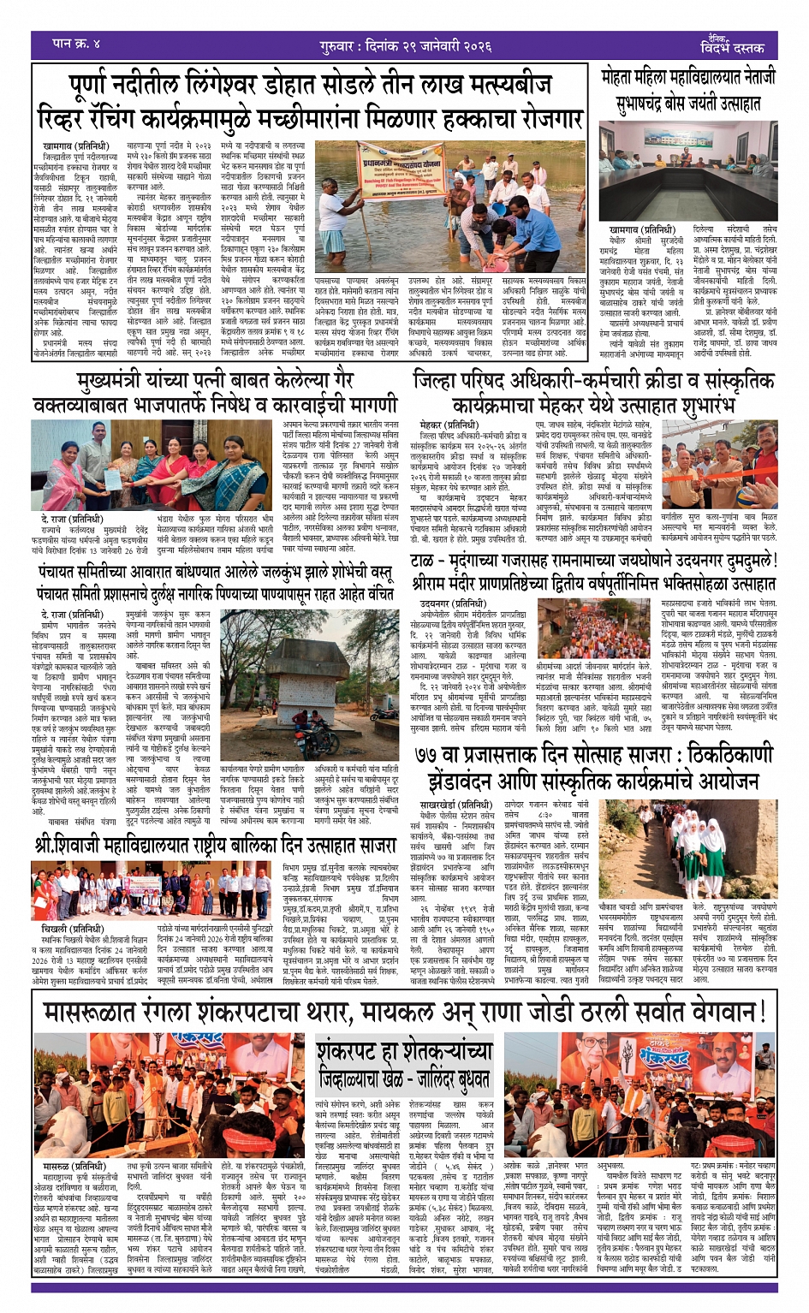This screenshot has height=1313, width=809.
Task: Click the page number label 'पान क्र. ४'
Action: coord(75,43)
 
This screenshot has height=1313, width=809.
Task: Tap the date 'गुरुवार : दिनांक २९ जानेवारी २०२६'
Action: coord(402,42)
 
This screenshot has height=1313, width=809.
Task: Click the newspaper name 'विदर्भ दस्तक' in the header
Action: coord(732,46)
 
